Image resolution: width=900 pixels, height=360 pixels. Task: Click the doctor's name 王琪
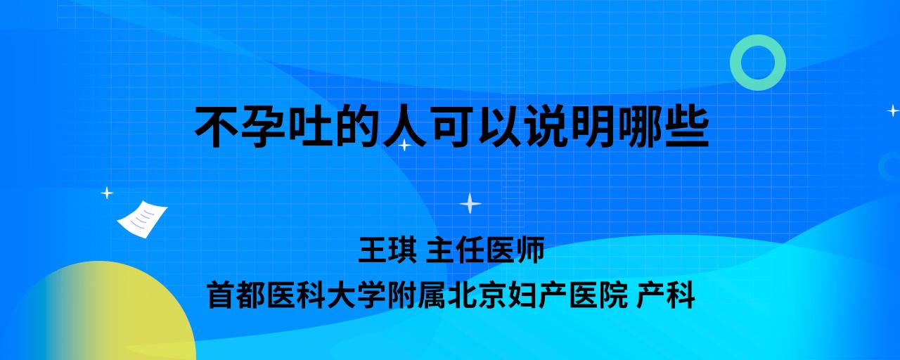click(387, 250)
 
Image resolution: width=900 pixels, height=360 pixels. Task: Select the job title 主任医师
click(485, 250)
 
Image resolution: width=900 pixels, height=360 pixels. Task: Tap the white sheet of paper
click(142, 219)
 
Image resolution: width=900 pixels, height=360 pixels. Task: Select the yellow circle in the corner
click(101, 314)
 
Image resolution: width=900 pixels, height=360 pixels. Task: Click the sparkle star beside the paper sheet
click(107, 193)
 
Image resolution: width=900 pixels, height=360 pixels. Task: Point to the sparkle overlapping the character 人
click(404, 145)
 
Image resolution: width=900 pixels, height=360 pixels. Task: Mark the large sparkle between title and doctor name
click(470, 203)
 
